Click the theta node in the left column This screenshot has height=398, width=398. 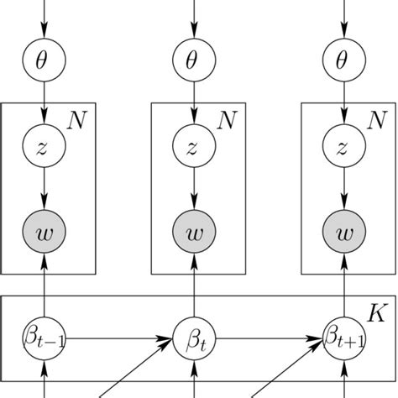(44, 61)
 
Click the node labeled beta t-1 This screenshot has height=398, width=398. (44, 340)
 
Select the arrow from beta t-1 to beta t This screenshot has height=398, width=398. (118, 340)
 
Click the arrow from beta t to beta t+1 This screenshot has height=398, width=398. (269, 340)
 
